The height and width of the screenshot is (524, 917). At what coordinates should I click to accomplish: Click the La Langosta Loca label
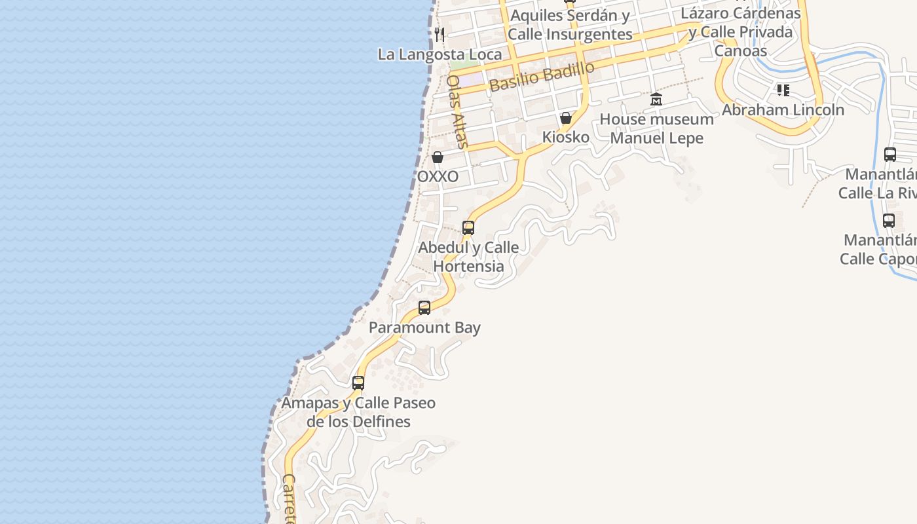(440, 54)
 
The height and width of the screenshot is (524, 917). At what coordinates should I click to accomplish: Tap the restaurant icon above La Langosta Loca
(440, 34)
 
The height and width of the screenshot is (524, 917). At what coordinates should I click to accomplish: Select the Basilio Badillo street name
(542, 77)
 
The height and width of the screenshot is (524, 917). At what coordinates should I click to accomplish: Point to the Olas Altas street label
(457, 111)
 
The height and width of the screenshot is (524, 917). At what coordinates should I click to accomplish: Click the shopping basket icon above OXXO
(438, 158)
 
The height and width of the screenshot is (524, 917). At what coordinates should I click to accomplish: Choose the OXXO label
(438, 177)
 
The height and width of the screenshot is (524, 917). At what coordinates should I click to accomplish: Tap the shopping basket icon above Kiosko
(566, 119)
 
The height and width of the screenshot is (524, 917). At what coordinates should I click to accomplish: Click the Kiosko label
(566, 138)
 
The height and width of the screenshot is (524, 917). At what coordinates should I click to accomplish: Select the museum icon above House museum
(656, 100)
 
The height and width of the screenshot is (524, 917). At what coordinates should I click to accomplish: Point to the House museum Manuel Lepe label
(656, 128)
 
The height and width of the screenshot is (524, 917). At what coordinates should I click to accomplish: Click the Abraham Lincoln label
(783, 110)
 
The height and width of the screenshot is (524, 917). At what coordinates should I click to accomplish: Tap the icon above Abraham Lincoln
(783, 90)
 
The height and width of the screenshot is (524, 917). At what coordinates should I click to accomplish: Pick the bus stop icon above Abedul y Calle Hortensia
(468, 228)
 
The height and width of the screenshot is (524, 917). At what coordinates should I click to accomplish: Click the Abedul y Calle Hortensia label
(468, 257)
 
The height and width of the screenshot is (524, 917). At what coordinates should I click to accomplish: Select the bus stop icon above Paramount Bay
(424, 308)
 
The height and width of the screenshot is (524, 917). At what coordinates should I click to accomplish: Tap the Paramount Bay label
(424, 327)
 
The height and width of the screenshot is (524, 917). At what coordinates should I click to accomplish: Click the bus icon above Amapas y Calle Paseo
(358, 383)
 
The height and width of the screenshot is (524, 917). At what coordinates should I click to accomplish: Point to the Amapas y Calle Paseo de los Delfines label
(358, 412)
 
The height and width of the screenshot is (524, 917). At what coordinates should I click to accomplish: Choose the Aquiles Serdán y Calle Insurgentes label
(570, 24)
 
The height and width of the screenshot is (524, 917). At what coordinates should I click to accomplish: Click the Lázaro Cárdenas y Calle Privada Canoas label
(741, 31)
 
